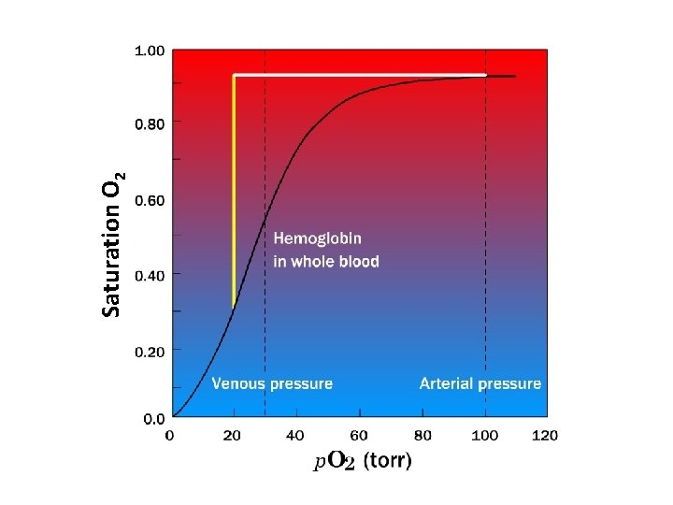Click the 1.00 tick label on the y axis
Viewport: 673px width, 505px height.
151,50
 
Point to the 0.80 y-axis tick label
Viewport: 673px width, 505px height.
151,123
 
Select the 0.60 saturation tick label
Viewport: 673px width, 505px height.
151,199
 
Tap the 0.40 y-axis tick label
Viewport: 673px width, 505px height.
151,275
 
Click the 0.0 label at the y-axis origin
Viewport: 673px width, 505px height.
154,418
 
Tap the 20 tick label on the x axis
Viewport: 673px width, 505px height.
233,435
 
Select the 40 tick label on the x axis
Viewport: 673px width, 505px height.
294,435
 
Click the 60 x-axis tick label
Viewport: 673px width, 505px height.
359,435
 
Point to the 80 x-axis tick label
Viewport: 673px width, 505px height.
422,435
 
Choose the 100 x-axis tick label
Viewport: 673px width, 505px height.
483,435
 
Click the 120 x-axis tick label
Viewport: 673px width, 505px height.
545,435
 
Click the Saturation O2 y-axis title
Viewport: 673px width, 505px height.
113,245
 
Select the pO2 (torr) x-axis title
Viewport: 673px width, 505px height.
361,461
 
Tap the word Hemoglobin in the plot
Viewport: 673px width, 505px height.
318,239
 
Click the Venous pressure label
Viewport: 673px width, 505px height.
272,383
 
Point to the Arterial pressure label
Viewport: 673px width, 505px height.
480,383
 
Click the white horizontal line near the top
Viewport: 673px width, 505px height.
360,75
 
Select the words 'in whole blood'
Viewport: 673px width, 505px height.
326,261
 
